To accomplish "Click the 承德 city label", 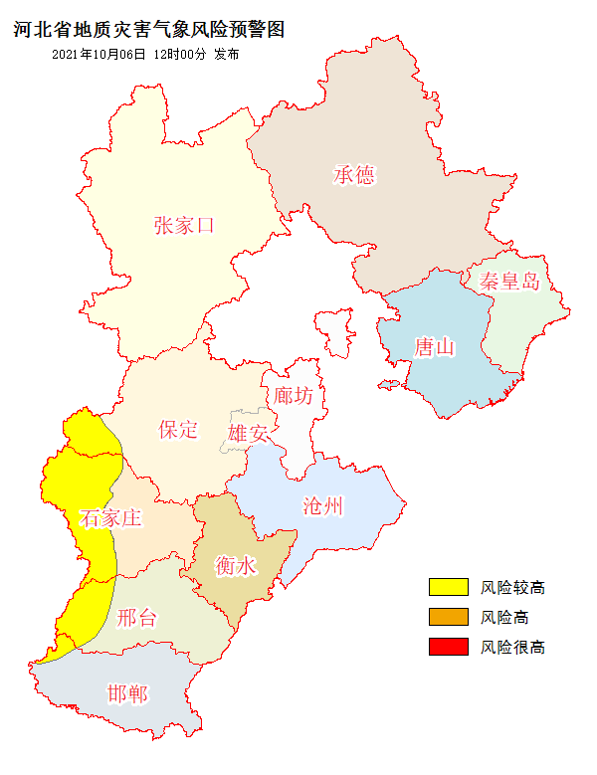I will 354,175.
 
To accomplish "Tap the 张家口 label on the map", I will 184,225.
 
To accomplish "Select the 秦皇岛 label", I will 508,281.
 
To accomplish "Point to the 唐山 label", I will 434,347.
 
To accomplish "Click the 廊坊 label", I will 294,395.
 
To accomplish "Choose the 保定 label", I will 178,430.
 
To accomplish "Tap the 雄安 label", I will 248,434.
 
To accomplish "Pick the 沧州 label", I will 323,505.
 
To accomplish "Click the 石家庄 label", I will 110,517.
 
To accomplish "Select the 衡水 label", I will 236,566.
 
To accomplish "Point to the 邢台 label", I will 136,618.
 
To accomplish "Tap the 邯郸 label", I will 126,693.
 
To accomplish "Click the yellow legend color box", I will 448,587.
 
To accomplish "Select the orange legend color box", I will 448,617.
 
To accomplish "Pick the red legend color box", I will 448,647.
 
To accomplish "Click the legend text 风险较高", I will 512,587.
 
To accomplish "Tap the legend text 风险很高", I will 512,647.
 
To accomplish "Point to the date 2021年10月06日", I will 98,54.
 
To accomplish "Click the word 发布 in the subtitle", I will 226,54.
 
